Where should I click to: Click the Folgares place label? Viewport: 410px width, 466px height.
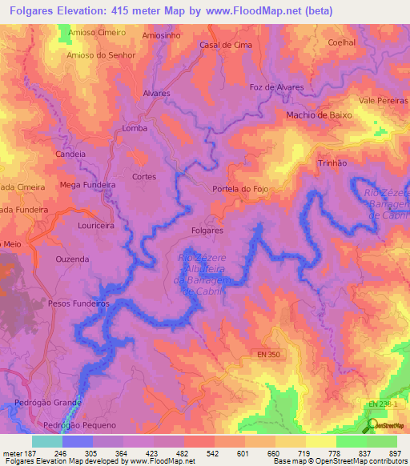pos(207,230)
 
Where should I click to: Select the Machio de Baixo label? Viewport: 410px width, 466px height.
pos(319,115)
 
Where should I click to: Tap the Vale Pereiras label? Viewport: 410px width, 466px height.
pos(383,101)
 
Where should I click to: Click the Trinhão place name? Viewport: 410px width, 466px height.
pos(332,162)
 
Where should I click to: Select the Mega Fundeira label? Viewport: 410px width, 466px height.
pos(88,184)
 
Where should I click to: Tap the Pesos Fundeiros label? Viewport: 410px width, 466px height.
pos(78,303)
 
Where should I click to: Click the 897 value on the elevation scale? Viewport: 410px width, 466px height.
pos(395,453)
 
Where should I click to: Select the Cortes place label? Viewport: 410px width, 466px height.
pos(144,175)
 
